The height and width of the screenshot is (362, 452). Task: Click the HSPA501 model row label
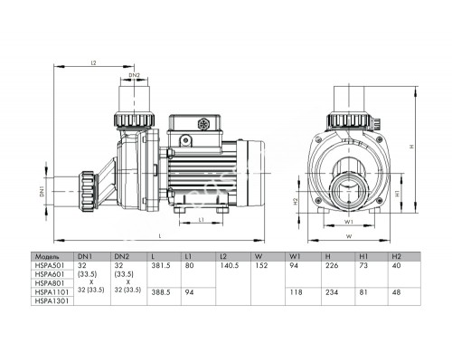(x=48, y=265)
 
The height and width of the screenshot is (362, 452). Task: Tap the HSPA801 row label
(x=48, y=282)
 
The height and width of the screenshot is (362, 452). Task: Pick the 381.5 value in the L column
(x=163, y=265)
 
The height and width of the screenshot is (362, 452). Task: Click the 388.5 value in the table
(x=163, y=291)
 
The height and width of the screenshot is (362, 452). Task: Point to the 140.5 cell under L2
(x=229, y=265)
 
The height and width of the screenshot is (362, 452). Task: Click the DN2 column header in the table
(x=123, y=256)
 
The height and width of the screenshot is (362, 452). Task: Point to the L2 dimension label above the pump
(x=94, y=62)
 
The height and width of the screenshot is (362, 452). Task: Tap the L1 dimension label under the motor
(x=200, y=221)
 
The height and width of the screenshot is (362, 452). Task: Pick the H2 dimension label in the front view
(x=297, y=203)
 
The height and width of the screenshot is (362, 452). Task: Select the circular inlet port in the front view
(x=347, y=194)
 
